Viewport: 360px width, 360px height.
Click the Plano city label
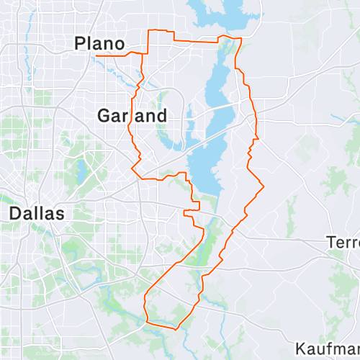[100, 44]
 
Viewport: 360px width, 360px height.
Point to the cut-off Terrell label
[343, 241]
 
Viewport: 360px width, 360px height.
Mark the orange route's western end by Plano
[96, 55]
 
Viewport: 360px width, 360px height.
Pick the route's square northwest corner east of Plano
[148, 31]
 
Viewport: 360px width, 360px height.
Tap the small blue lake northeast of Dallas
[81, 170]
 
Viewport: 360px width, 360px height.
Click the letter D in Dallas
[15, 214]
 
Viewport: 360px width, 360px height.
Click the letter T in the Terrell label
[332, 241]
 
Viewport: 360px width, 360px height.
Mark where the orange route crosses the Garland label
[132, 115]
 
